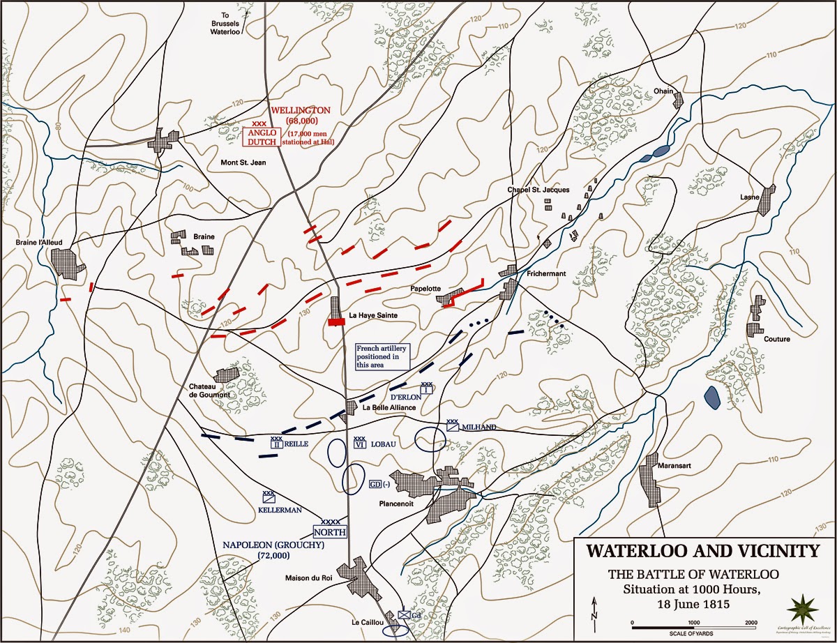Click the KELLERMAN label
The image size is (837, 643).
[280, 510]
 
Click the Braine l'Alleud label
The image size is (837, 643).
[39, 243]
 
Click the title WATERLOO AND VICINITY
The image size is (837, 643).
[702, 551]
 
